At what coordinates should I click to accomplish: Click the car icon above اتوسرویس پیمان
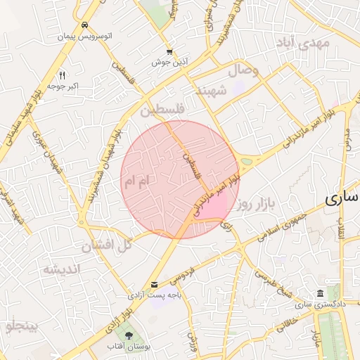point(84,23)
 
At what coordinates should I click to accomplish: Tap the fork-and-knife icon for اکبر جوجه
point(63,75)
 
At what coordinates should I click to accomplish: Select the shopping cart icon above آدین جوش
point(169,51)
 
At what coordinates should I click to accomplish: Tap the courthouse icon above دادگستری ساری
point(321,292)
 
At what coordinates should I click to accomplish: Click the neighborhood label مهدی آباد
point(304,44)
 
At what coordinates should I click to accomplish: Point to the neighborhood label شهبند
point(212,91)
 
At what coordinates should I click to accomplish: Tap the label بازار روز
point(253,205)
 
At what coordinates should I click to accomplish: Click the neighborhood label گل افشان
point(108,245)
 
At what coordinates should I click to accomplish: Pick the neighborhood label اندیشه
point(61,269)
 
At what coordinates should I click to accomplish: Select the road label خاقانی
point(288,322)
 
